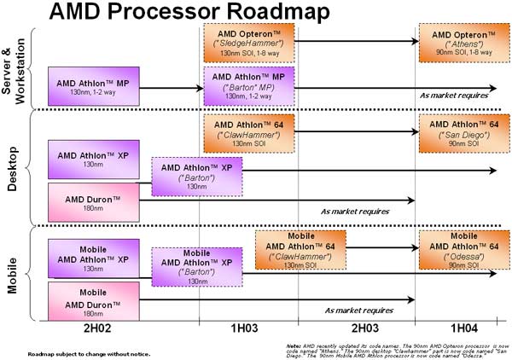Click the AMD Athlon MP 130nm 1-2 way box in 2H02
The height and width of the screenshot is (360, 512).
pos(93,86)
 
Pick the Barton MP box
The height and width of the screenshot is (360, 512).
pos(247,86)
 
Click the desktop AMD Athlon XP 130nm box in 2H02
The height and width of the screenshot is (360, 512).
pos(93,160)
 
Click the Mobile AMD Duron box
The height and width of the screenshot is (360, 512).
pos(93,300)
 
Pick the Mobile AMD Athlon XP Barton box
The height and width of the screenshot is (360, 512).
pos(197,265)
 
